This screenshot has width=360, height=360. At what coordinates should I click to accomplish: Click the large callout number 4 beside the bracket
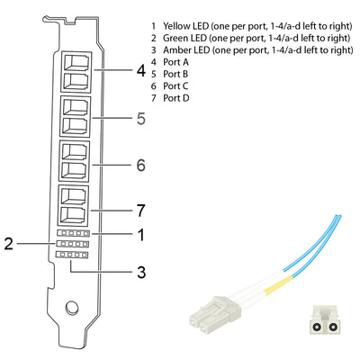tap(141, 71)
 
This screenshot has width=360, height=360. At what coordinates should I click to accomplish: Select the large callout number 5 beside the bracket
tap(141, 119)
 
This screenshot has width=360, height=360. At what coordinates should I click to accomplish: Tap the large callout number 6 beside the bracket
tap(141, 165)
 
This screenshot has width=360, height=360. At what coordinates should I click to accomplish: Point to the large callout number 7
tap(141, 211)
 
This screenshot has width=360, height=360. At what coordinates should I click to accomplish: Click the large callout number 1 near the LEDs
tap(141, 235)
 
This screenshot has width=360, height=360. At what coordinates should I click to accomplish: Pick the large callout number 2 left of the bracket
tap(9, 244)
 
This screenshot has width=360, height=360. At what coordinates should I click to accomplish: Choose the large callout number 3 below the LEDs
tap(141, 272)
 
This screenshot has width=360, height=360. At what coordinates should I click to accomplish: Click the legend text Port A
tap(175, 62)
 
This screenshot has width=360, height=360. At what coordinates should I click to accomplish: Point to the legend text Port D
tap(176, 98)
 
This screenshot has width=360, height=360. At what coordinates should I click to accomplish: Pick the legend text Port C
tap(175, 86)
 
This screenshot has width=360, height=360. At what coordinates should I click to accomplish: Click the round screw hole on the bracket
tap(72, 307)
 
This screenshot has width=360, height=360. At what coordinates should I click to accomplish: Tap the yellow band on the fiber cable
tap(278, 285)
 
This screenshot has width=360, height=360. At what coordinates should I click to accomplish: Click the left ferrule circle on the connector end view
tap(317, 327)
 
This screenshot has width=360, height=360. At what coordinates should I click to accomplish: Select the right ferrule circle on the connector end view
tap(331, 327)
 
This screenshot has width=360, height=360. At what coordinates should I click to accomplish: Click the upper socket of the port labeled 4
tap(76, 62)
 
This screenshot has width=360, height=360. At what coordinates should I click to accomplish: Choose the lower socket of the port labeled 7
tap(73, 214)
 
